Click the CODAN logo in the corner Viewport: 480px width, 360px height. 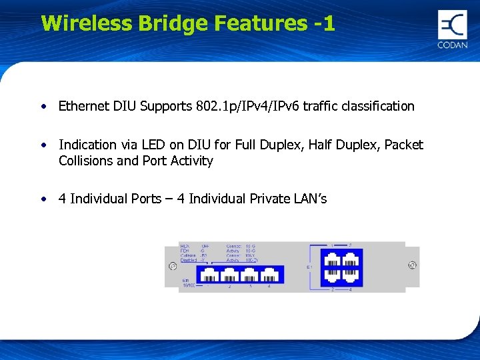453,30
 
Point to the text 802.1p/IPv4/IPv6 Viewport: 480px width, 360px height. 247,106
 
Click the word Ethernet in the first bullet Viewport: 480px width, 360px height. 81,106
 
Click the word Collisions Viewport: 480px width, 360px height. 85,161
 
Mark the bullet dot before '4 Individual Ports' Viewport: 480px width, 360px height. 43,199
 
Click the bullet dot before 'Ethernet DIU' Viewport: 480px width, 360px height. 43,106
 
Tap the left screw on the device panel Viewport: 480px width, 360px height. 173,266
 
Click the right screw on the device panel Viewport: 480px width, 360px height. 412,265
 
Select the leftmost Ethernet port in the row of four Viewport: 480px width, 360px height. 209,274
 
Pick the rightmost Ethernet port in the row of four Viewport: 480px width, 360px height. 269,274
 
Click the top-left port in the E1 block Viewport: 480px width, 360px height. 332,257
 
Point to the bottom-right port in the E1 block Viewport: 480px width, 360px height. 350,275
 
